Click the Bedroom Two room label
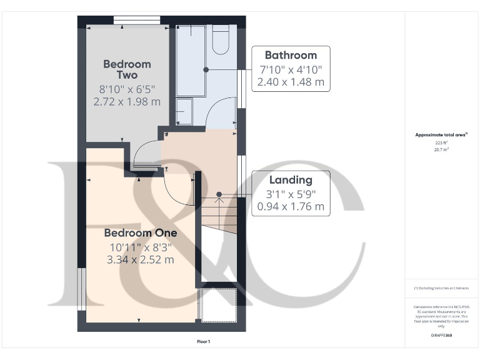point(127,69)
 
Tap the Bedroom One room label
point(141,232)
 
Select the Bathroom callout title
point(291,55)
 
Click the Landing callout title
point(291,180)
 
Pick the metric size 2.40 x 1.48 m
point(291,82)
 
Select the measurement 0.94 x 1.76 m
point(291,206)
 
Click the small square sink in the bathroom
point(184,111)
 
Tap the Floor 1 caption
point(204,342)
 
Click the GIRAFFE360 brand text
point(442,336)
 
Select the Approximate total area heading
point(442,134)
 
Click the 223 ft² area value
point(442,142)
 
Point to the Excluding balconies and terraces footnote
point(442,287)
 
